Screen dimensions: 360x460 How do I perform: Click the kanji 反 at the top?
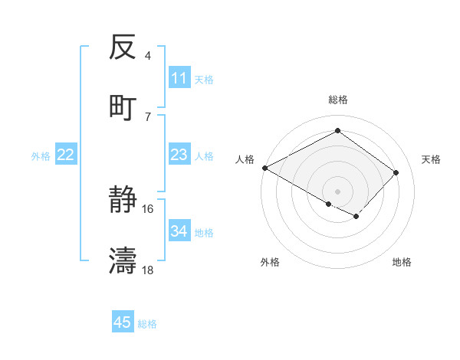[123, 48]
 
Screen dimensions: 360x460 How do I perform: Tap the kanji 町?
[123, 107]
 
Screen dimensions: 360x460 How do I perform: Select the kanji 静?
[123, 201]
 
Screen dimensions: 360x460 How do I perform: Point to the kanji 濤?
[123, 260]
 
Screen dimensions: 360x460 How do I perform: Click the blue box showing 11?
[179, 77]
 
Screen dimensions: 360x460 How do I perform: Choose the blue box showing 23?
[179, 155]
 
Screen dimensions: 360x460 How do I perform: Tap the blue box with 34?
[179, 231]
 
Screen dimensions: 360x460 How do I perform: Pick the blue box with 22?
[65, 155]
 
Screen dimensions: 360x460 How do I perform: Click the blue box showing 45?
[123, 322]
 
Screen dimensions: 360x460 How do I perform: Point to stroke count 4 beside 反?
[148, 56]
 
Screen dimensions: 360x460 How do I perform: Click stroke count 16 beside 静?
[148, 208]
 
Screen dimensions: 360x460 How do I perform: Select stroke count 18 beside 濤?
[148, 270]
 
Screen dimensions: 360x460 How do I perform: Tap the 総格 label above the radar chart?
[338, 100]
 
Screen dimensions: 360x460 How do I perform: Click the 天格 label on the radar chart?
[431, 159]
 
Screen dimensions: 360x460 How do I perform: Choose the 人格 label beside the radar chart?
[245, 159]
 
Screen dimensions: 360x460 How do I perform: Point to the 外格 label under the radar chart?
[270, 262]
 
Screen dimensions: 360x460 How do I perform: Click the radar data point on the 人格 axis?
[264, 168]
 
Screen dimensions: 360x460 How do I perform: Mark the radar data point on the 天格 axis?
[396, 172]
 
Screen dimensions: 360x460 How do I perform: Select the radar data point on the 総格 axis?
[337, 131]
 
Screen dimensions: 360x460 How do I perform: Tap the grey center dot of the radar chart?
[337, 191]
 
